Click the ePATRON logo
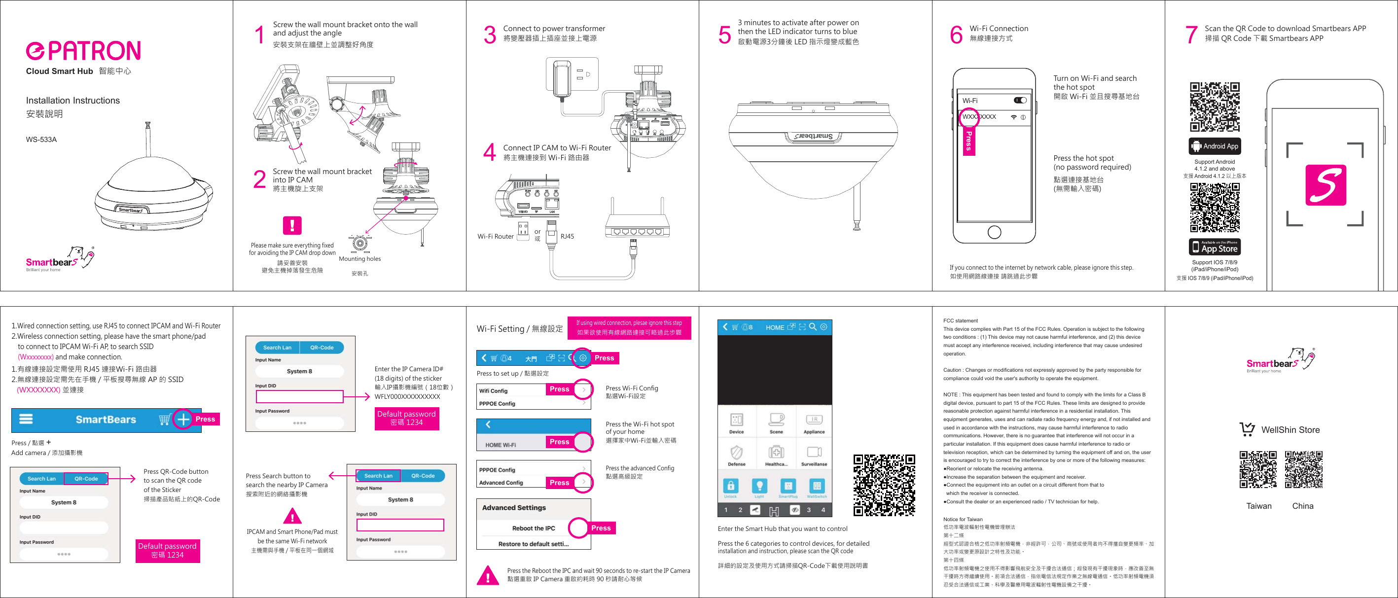[83, 50]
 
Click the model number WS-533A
[41, 140]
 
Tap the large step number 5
[724, 35]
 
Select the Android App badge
[1215, 146]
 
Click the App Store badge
[1215, 247]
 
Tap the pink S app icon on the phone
[1326, 185]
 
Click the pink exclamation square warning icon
[292, 225]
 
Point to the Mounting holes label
[360, 259]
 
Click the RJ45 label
[567, 237]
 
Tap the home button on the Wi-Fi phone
[994, 232]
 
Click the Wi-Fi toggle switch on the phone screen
[1020, 101]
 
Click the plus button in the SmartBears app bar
[183, 420]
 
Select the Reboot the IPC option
[534, 528]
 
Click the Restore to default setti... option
[534, 544]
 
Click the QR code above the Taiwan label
[1258, 469]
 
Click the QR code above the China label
[1304, 469]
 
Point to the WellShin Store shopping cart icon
[1247, 429]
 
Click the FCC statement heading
[961, 321]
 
